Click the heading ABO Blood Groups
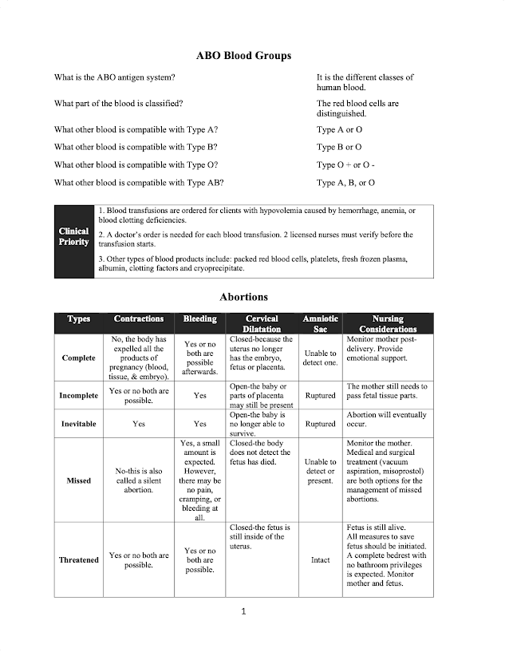[243, 56]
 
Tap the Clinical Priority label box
[73, 241]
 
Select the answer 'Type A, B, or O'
[345, 183]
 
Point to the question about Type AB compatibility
[139, 183]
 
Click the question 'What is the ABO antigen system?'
[115, 77]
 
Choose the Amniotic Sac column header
[320, 323]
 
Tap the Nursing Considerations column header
[388, 323]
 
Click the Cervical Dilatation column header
[261, 323]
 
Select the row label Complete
[78, 358]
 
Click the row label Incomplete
[78, 396]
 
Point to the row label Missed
[78, 480]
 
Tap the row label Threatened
[78, 560]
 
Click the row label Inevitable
[78, 424]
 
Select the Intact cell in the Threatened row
[320, 560]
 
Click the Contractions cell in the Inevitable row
[138, 424]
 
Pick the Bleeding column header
[199, 319]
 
